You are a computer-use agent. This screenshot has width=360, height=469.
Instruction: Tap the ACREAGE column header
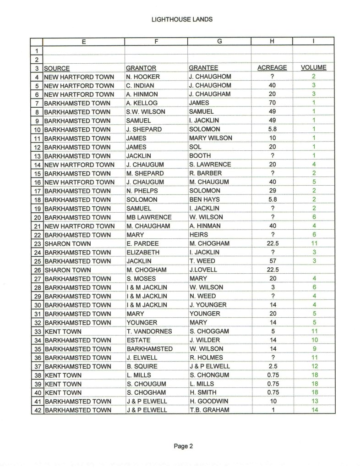(x=272, y=68)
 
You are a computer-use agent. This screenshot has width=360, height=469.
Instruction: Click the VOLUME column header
(x=314, y=68)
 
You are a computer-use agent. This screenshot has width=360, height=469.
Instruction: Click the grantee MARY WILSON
(x=210, y=138)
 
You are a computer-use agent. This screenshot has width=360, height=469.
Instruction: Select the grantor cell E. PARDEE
(x=142, y=243)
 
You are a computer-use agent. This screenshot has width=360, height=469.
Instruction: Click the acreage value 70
(x=272, y=103)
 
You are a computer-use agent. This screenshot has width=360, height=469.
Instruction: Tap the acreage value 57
(x=272, y=261)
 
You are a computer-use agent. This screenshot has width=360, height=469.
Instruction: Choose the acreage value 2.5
(x=272, y=366)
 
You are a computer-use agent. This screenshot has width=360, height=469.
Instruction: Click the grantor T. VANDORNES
(x=149, y=331)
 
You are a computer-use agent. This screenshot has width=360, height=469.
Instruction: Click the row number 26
(x=37, y=270)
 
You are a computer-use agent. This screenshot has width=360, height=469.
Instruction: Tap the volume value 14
(x=314, y=410)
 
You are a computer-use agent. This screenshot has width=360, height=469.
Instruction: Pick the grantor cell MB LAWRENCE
(x=149, y=217)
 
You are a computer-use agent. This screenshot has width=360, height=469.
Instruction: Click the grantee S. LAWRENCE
(x=210, y=165)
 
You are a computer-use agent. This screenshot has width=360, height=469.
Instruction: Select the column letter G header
(x=219, y=41)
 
